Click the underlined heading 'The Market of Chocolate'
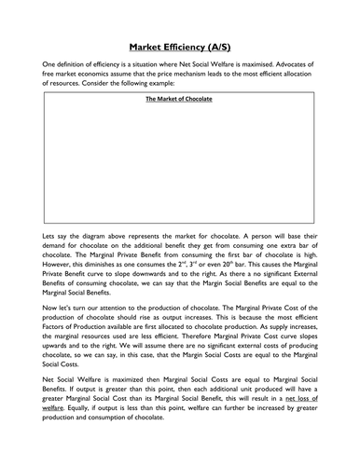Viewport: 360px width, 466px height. (x=179, y=98)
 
